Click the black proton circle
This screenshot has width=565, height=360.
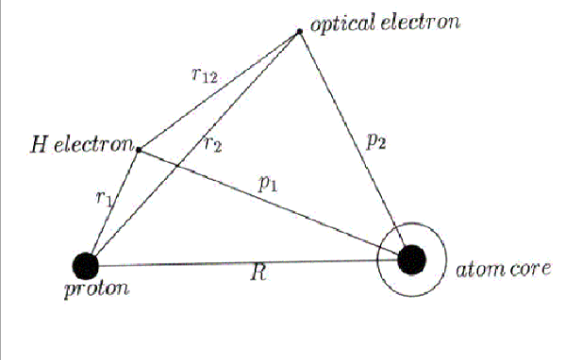coord(85,265)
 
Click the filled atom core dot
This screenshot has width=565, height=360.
coord(412,258)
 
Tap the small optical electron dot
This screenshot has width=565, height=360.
coord(300,32)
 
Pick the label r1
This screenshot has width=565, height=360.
coord(103,197)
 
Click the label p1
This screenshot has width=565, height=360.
coord(268,185)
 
